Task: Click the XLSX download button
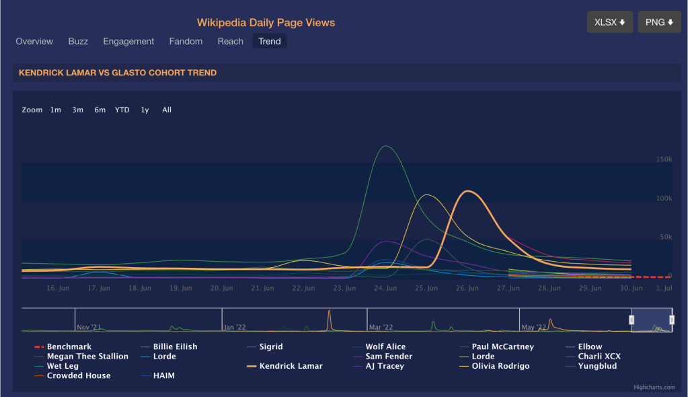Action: coord(609,22)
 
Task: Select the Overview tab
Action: coord(34,42)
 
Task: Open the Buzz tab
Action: coord(78,42)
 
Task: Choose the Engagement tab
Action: coord(128,42)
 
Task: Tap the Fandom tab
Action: coord(186,42)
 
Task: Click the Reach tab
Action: coord(230,42)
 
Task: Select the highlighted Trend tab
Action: coord(270,42)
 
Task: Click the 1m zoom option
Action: coord(55,110)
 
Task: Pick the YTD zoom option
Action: coord(122,110)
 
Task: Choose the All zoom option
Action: coord(167,110)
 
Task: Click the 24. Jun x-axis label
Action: coord(385,288)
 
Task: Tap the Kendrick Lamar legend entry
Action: coord(291,366)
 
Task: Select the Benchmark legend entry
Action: coord(69,347)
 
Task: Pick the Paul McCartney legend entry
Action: coord(502,347)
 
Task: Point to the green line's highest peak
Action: coord(385,146)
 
